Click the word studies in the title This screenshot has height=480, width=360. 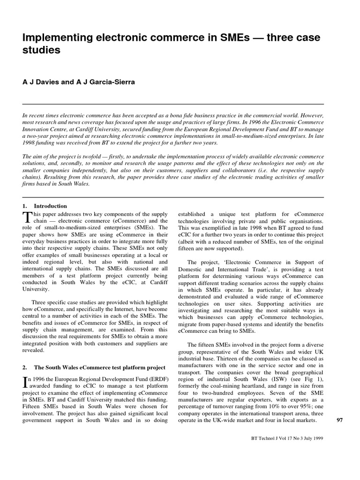point(42,50)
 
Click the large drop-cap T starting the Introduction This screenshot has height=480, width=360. point(26,217)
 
